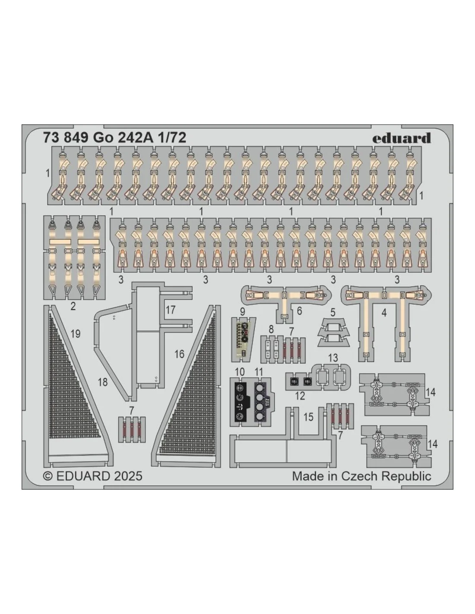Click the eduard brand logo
click(x=401, y=138)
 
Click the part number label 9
click(x=242, y=312)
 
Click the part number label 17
click(x=171, y=310)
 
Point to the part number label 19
click(x=76, y=334)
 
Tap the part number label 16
click(x=179, y=354)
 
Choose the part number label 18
click(x=103, y=382)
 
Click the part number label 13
click(x=333, y=358)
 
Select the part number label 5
click(x=333, y=313)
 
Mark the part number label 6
click(x=299, y=311)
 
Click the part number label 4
click(x=384, y=313)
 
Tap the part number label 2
click(x=73, y=306)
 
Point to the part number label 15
click(x=309, y=417)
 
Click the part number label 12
click(x=300, y=396)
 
